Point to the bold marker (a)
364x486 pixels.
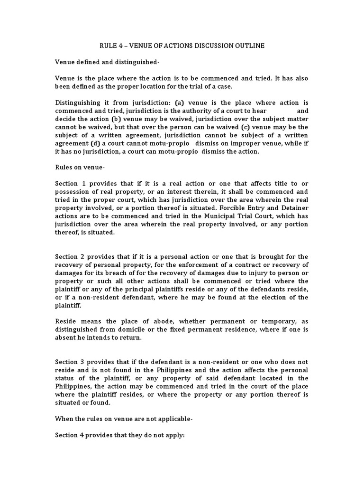click(179, 103)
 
